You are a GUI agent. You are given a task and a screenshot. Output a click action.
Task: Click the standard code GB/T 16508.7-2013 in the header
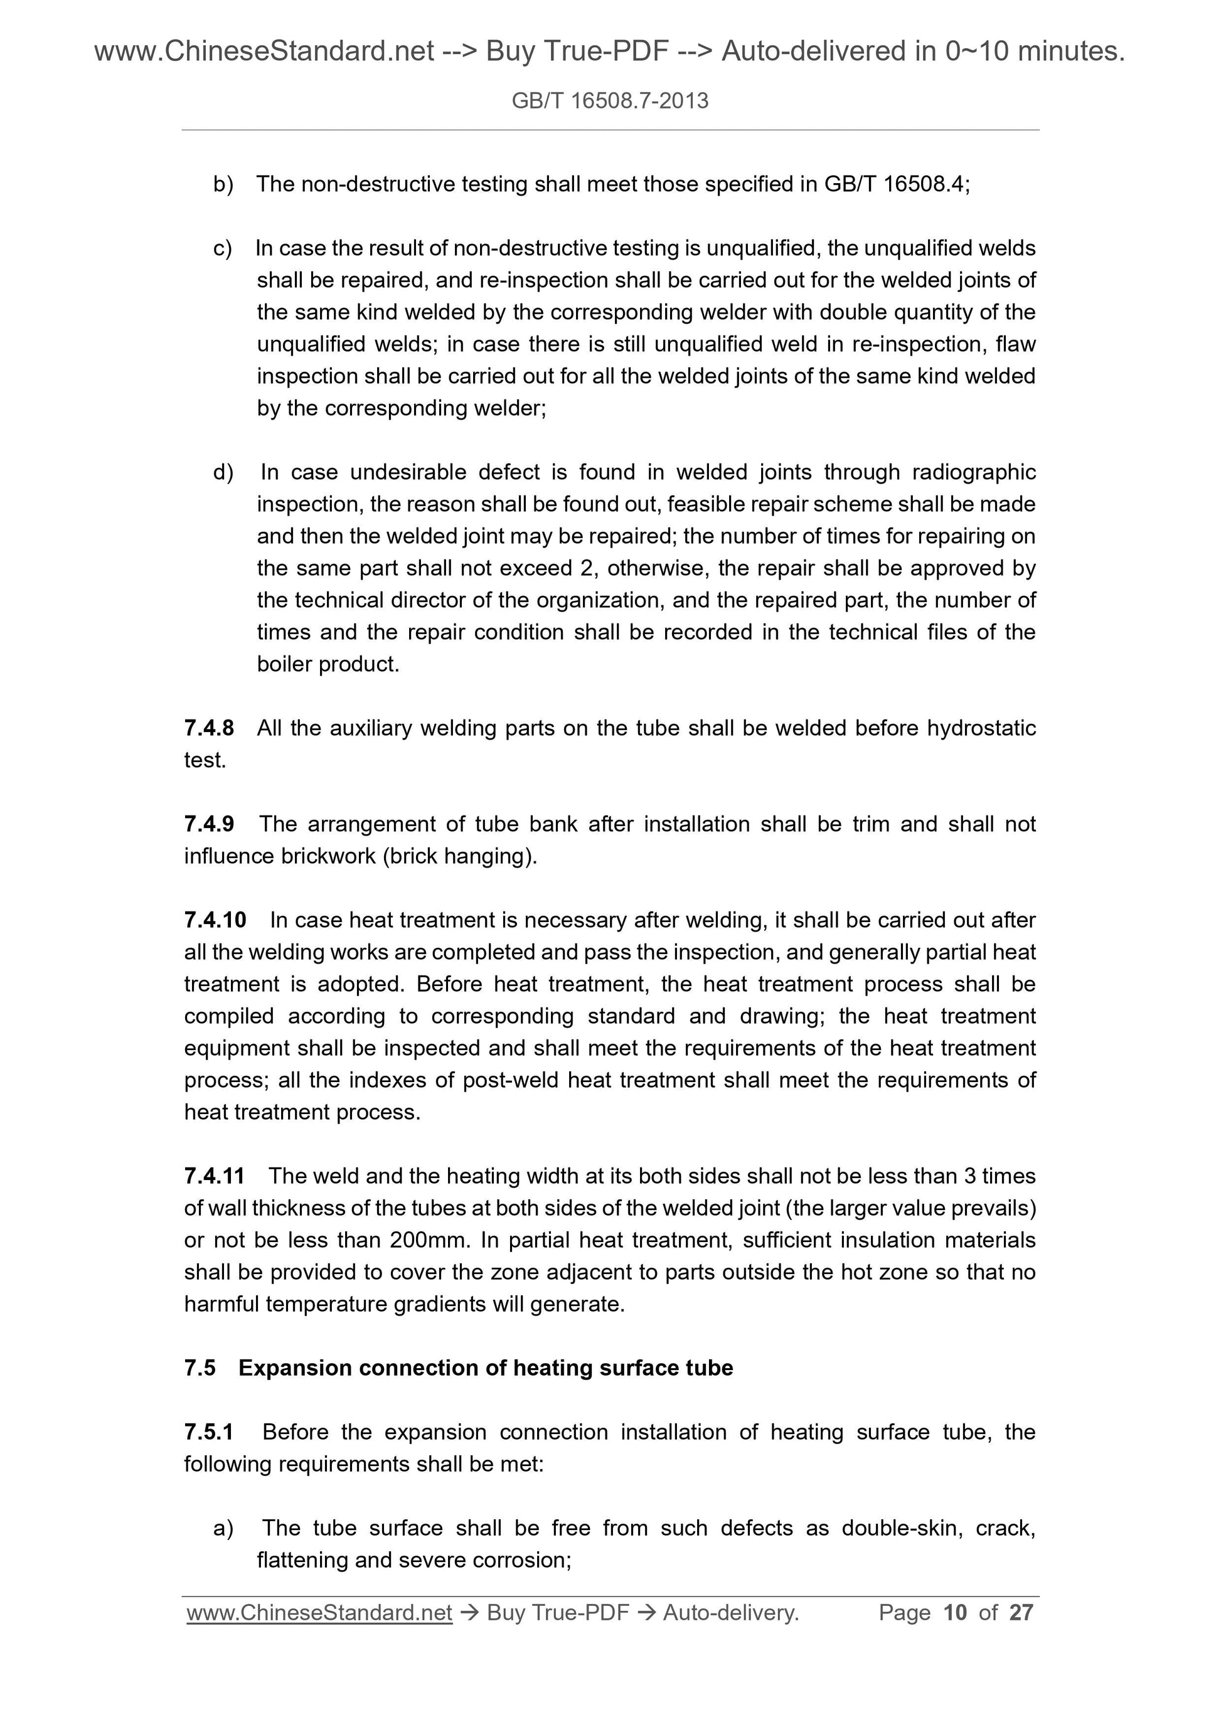click(x=609, y=101)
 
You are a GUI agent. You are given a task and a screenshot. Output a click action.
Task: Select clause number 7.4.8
click(x=208, y=728)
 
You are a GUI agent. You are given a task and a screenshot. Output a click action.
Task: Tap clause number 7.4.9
click(x=208, y=824)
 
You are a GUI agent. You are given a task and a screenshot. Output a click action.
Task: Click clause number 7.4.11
click(x=214, y=1176)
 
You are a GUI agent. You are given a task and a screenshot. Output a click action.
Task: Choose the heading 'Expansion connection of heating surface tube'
click(x=485, y=1368)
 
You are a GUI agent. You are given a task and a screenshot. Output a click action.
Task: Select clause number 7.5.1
click(x=208, y=1432)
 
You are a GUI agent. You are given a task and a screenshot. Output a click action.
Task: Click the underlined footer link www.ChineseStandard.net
click(x=319, y=1613)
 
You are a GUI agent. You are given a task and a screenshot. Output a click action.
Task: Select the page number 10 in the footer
click(x=955, y=1613)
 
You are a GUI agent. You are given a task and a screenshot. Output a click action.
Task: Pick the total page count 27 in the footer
click(x=1021, y=1613)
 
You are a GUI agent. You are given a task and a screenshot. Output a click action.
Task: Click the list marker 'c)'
click(x=223, y=248)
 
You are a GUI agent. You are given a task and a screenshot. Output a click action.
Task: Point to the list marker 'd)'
click(x=223, y=472)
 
